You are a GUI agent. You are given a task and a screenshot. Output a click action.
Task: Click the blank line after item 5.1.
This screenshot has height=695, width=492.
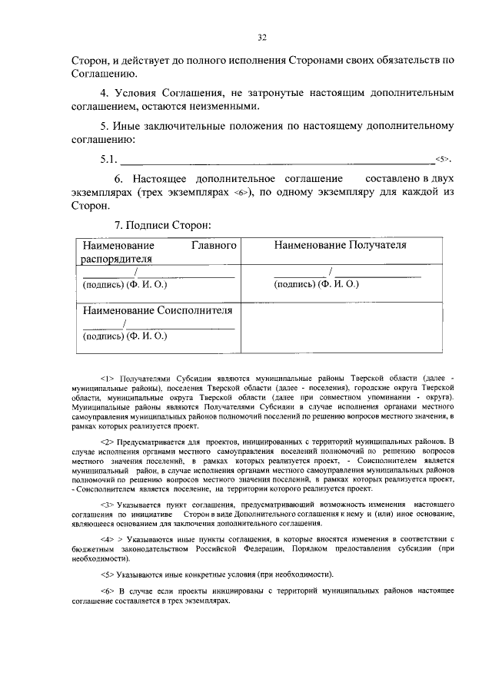coord(277,161)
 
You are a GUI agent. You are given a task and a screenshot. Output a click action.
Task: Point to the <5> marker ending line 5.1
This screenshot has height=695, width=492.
coord(441,160)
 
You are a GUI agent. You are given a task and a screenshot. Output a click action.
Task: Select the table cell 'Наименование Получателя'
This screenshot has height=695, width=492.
coord(340,245)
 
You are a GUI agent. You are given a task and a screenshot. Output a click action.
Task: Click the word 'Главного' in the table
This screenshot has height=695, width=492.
coord(212,245)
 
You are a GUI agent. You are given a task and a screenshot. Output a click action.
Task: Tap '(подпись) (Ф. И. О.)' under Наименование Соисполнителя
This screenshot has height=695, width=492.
coord(125,336)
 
